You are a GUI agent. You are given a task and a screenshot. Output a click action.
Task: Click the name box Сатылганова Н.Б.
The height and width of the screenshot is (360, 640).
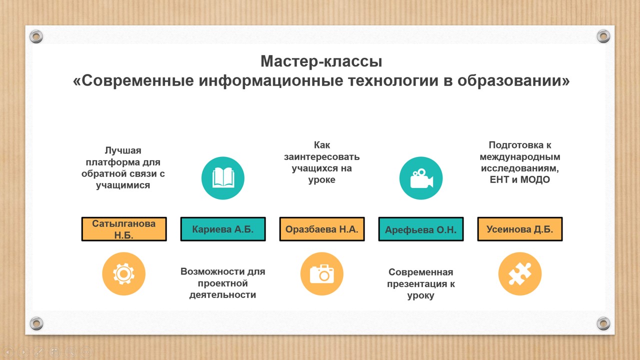[124, 229]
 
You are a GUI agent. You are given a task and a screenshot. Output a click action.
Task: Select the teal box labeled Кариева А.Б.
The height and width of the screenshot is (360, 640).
[223, 229]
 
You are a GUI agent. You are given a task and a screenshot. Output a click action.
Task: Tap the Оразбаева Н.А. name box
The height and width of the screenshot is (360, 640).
[322, 229]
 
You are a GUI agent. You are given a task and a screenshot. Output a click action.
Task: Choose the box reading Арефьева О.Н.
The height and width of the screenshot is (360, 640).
[421, 229]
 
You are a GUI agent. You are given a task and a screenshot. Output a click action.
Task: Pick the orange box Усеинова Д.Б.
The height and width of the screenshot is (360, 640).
[520, 229]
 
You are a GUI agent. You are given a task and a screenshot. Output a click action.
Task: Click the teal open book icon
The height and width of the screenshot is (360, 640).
[223, 178]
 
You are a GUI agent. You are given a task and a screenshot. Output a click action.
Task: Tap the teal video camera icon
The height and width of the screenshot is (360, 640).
[421, 178]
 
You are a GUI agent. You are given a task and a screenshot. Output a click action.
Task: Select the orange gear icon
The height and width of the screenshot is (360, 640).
[123, 273]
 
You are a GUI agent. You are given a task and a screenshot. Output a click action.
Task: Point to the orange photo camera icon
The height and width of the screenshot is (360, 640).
[321, 273]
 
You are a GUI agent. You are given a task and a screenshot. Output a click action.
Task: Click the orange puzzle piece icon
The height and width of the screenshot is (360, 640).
[520, 273]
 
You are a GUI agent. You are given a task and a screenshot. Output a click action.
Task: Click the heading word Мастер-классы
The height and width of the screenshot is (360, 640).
[321, 61]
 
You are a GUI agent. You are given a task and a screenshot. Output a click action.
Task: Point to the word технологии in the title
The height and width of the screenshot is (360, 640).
[393, 81]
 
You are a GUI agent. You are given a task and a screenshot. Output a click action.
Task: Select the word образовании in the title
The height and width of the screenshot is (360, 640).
[513, 81]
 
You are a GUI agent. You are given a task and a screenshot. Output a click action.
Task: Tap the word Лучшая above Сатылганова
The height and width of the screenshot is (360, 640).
[123, 150]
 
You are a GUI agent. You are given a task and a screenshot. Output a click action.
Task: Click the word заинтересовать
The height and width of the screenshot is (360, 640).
[321, 157]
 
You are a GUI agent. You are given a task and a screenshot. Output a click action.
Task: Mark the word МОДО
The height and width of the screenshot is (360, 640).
[535, 179]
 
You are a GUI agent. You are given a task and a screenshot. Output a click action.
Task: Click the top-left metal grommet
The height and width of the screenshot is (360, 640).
[36, 36]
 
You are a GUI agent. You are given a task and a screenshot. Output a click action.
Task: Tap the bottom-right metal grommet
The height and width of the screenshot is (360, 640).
[603, 323]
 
